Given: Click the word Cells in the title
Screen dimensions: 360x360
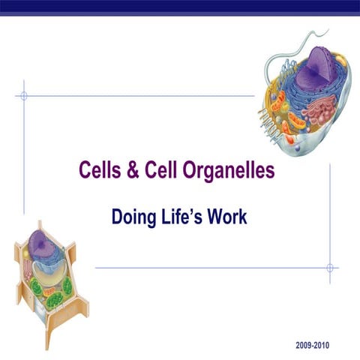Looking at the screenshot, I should pyautogui.click(x=101, y=171).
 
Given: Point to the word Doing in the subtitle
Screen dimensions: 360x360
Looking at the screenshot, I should pyautogui.click(x=132, y=217).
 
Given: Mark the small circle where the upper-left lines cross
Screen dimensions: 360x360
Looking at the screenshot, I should pyautogui.click(x=24, y=96).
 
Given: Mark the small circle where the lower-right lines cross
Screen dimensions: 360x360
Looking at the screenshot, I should pyautogui.click(x=330, y=267).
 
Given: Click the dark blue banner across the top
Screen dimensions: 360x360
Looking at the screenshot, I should pyautogui.click(x=180, y=6).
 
